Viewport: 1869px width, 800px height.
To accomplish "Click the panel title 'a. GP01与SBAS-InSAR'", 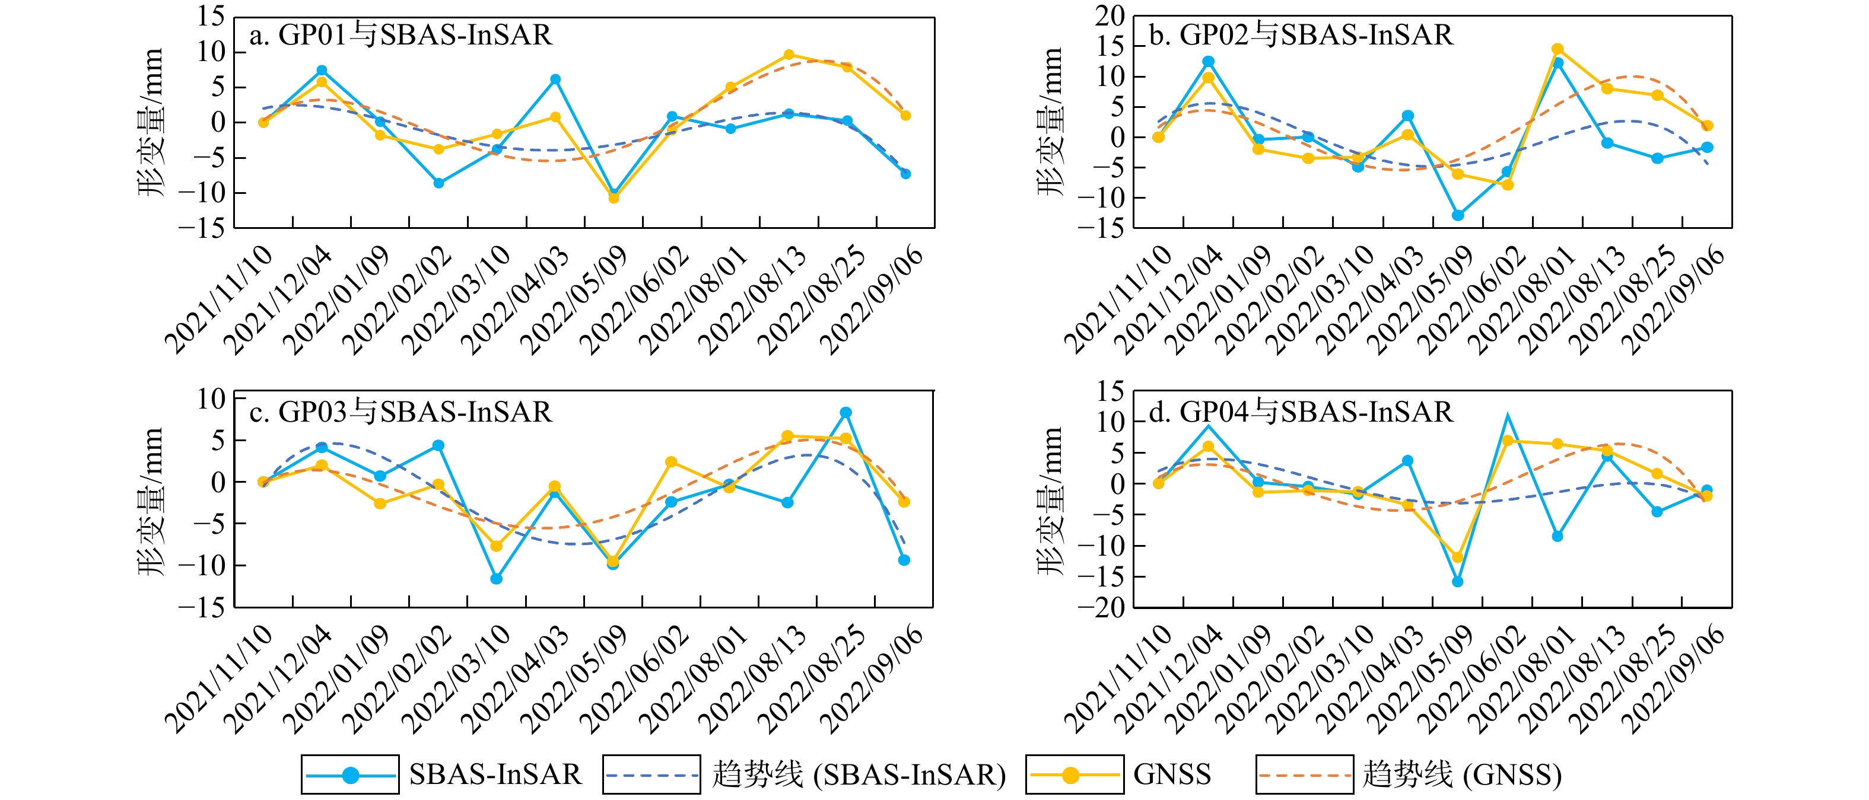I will pos(401,35).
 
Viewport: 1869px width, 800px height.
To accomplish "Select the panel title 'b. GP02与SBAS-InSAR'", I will pos(1302,35).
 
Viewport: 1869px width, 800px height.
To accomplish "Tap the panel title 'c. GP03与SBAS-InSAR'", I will pos(401,412).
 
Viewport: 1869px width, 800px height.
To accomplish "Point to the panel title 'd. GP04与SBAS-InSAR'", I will pos(1302,412).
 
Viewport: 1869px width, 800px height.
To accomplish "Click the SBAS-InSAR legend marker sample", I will pos(351,775).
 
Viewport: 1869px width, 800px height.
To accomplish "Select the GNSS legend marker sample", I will pos(1070,775).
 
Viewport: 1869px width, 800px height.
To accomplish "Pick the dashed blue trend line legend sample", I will pos(651,775).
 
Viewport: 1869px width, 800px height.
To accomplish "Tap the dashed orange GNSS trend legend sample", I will pos(1305,775).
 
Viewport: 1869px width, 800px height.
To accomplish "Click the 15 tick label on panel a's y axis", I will pos(211,17).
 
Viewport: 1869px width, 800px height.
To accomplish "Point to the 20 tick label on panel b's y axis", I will pos(1110,15).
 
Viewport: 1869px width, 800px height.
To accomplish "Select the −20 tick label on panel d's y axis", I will pos(1101,608).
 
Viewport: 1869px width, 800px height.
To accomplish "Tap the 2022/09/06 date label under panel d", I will pos(1673,679).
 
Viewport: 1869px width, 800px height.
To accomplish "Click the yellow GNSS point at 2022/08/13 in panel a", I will pos(789,55).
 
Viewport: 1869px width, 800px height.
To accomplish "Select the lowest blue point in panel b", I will pos(1458,215).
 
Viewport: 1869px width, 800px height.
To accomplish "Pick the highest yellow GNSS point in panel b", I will pos(1557,49).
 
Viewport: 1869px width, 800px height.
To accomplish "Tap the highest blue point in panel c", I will pos(846,413).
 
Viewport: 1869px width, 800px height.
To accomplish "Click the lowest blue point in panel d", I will pos(1458,582).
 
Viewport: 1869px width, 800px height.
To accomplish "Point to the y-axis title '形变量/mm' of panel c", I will pos(151,502).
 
